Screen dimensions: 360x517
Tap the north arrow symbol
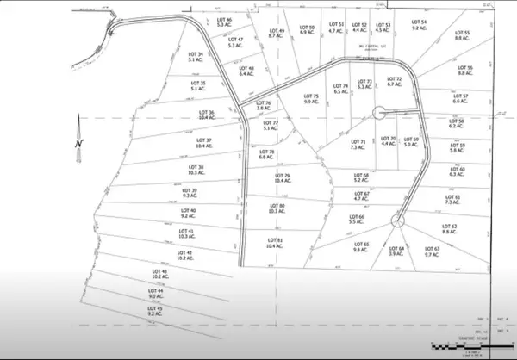click(77, 142)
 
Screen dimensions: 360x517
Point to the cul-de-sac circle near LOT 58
click(378, 111)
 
